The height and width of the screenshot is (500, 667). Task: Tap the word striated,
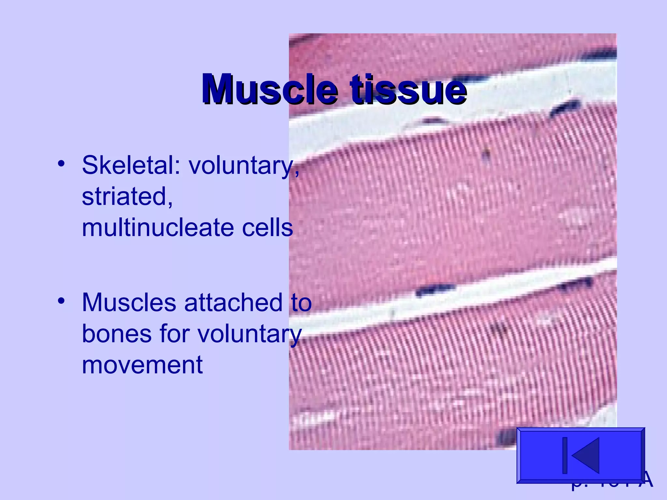(127, 197)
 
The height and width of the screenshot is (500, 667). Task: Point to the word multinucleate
(158, 228)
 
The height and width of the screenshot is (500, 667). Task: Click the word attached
(233, 303)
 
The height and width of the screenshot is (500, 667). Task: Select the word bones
(117, 334)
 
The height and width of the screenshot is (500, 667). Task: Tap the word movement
(142, 365)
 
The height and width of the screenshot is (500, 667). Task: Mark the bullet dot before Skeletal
(61, 163)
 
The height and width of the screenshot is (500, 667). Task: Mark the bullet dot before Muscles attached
(61, 301)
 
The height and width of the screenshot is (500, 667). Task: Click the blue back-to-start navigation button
(580, 455)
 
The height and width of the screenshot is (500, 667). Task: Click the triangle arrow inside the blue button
(586, 455)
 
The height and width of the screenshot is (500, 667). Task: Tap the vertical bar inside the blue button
(565, 455)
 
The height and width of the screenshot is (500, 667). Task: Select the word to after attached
(301, 303)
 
